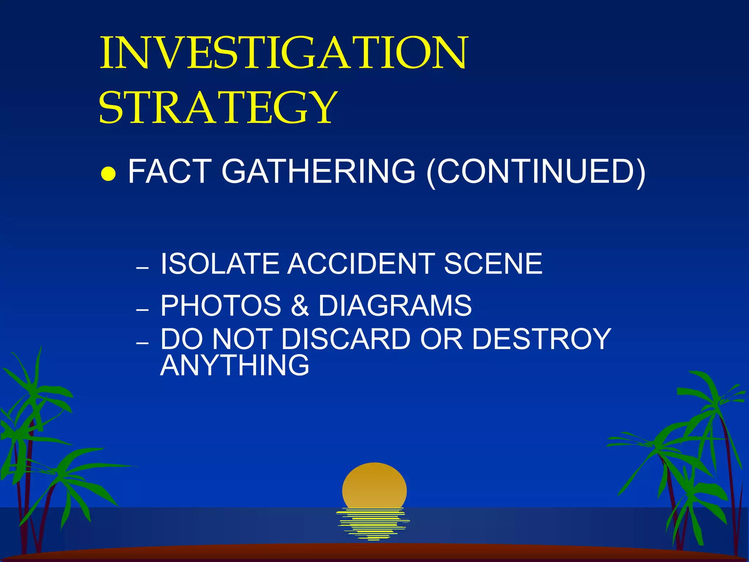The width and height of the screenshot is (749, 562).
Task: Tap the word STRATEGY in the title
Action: (x=218, y=107)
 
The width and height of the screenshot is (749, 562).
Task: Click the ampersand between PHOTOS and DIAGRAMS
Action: (x=300, y=306)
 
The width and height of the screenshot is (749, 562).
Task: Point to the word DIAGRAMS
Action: (x=395, y=306)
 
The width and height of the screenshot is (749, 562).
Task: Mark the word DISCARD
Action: (x=346, y=339)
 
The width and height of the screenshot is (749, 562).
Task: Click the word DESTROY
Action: (x=541, y=339)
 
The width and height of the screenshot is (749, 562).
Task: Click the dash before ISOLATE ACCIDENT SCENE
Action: (x=142, y=268)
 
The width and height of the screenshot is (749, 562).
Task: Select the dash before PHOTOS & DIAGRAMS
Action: (x=142, y=310)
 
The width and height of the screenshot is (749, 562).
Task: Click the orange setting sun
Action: (x=374, y=485)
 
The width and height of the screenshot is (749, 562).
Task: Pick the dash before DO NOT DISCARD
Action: (x=142, y=344)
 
